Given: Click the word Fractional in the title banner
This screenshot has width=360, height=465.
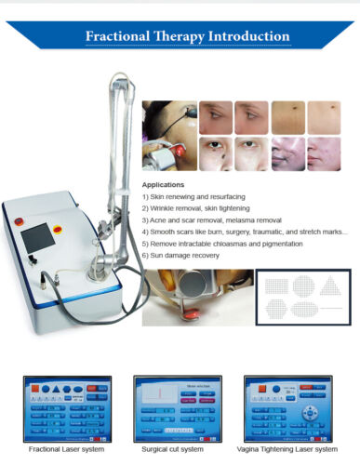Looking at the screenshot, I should click(x=120, y=36).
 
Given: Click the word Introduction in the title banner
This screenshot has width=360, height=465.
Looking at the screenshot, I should click(x=245, y=36).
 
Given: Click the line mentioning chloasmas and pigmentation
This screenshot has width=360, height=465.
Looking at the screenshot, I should click(x=221, y=243).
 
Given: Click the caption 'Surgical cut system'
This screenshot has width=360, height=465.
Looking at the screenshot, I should click(x=172, y=449).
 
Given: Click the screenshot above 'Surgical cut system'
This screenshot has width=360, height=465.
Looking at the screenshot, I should click(x=172, y=407).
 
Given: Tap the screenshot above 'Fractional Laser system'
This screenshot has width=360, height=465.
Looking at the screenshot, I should click(x=66, y=407).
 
